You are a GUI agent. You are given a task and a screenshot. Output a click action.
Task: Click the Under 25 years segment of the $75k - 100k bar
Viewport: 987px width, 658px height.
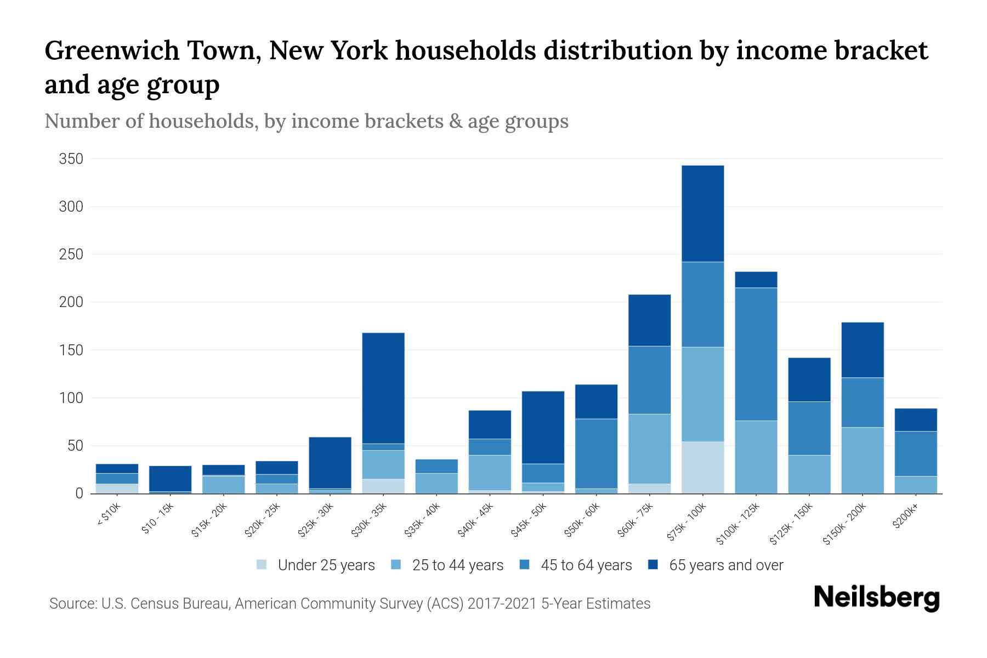click(x=702, y=467)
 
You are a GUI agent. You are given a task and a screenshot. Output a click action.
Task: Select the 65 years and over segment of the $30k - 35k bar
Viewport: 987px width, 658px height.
click(x=383, y=388)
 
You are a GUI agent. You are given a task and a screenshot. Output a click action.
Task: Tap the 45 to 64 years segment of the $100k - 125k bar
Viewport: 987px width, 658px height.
click(x=756, y=354)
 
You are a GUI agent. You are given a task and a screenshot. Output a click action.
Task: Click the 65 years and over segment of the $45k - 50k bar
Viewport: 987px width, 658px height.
click(x=543, y=427)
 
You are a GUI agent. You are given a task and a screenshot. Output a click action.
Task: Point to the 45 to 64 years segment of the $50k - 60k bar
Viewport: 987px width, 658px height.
click(x=596, y=453)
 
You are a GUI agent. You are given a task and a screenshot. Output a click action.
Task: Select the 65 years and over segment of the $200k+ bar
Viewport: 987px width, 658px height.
click(x=915, y=419)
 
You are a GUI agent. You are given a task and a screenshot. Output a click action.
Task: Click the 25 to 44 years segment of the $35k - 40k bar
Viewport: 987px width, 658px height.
click(x=436, y=483)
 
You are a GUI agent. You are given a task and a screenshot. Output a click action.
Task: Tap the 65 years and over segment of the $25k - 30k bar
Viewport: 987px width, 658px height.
click(x=330, y=462)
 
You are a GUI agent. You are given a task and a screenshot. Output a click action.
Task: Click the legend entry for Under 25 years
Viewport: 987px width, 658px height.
click(x=326, y=565)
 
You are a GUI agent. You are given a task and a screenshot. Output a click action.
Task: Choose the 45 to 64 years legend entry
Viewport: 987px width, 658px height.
click(x=586, y=565)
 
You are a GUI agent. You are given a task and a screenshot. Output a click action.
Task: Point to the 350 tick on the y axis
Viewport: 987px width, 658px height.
click(x=71, y=159)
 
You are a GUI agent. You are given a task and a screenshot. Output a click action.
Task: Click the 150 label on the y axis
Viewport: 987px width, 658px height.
click(x=71, y=350)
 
